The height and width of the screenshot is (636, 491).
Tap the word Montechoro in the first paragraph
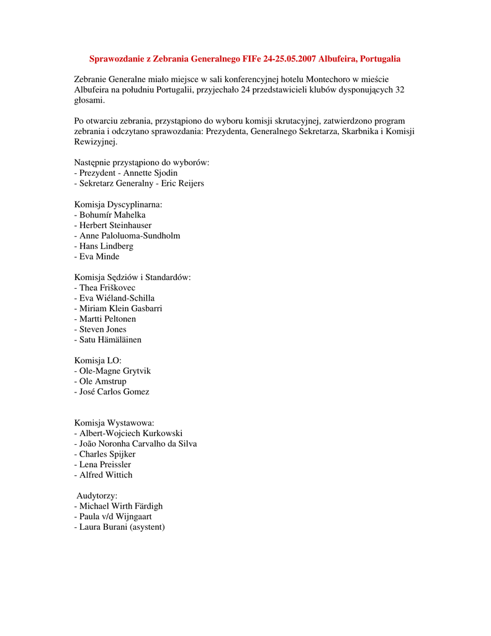[327, 79]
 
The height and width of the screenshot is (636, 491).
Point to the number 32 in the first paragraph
[400, 90]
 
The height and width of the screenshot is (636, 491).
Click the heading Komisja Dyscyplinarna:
[119, 204]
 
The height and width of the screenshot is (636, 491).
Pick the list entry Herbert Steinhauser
[115, 225]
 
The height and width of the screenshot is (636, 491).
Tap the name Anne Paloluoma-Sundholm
[130, 236]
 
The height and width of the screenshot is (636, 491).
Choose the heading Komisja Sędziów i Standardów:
[133, 278]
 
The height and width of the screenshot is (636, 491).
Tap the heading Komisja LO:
[98, 361]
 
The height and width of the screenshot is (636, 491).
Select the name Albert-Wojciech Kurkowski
[131, 434]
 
